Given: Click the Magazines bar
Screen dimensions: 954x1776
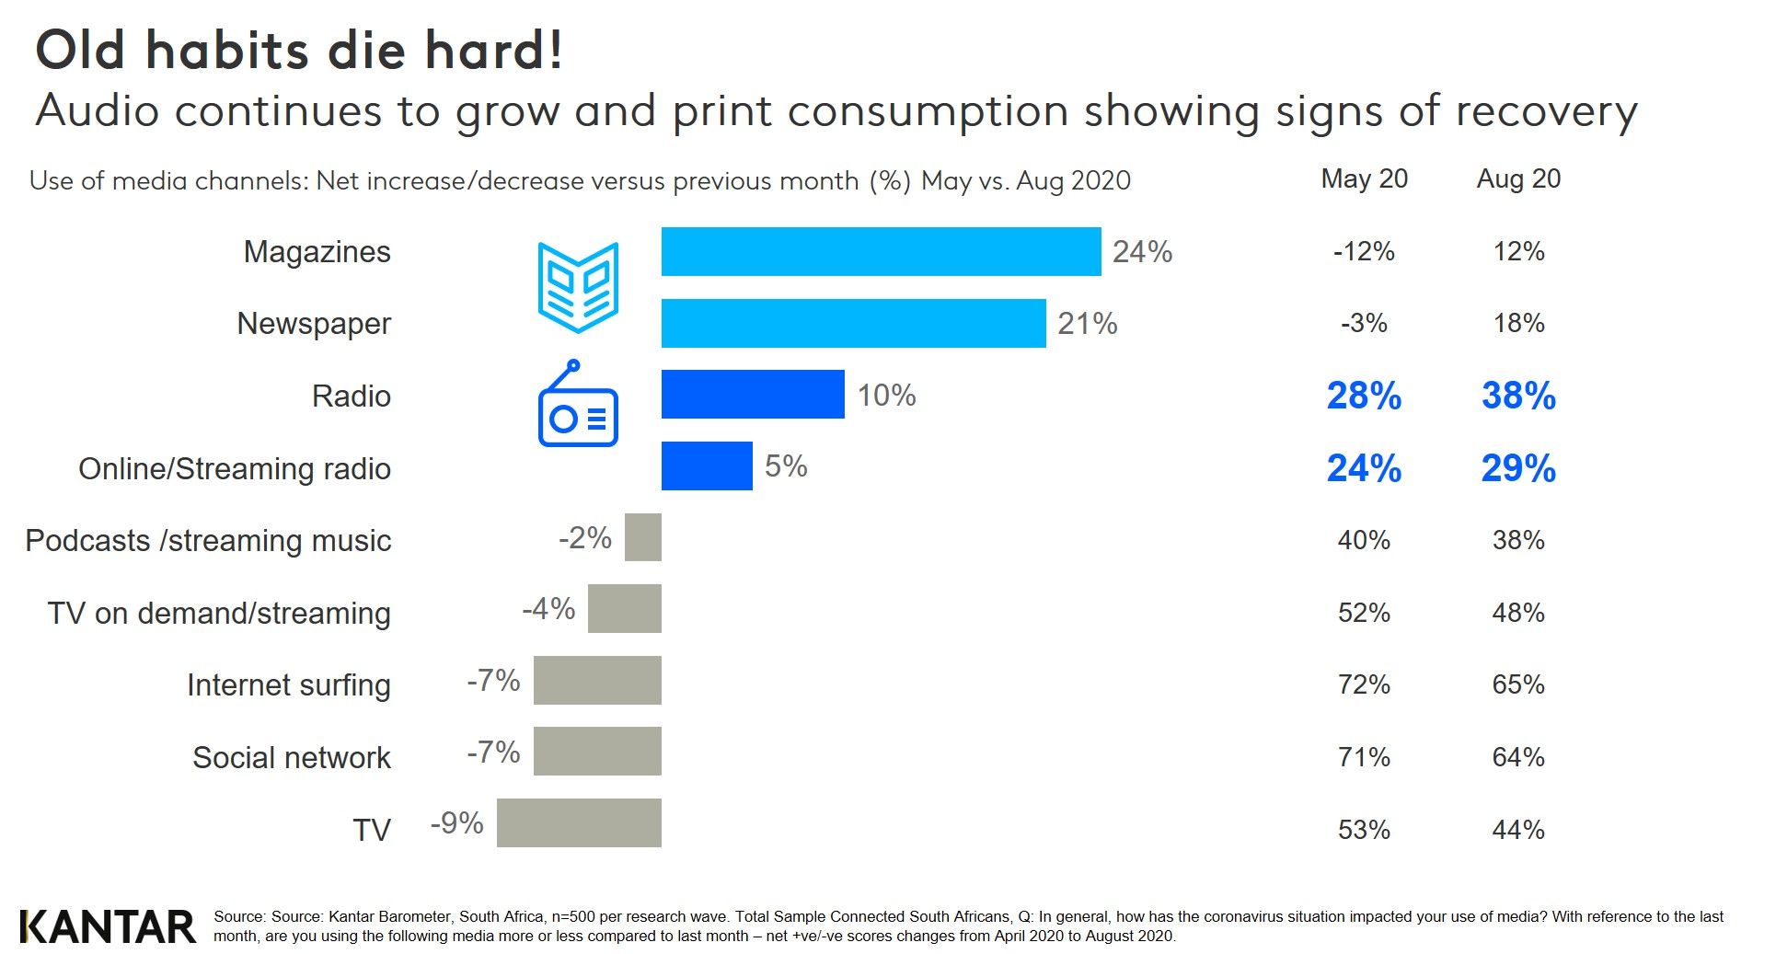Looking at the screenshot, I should coord(881,251).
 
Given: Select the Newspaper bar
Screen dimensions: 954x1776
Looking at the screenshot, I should coord(853,323).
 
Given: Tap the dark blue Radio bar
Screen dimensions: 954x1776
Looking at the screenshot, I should coord(753,395).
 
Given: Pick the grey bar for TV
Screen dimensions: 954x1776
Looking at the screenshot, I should coord(579,822).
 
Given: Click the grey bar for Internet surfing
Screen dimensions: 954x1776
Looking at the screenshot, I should coord(597,680).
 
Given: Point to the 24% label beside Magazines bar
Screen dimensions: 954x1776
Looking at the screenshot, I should coord(1142,251).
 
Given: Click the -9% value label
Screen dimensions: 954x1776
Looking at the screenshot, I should coord(456,822).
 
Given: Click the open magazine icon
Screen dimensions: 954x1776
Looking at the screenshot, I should coord(578,287).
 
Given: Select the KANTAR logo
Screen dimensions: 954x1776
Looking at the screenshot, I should coord(108,926).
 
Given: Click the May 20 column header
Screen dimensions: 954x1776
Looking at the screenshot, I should coord(1364,178).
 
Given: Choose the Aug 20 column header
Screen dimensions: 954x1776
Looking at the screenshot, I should coord(1518,178).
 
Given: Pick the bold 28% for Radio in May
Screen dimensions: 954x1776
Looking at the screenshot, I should coord(1364,396).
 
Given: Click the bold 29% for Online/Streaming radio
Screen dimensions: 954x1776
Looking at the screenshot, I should coord(1518,468).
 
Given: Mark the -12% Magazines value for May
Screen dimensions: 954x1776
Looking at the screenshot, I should coord(1364,251).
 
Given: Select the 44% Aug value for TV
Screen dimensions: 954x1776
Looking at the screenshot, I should coord(1518,830).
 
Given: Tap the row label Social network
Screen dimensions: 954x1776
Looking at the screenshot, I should coord(291,757).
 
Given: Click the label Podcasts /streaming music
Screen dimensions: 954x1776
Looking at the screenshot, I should coord(208,540).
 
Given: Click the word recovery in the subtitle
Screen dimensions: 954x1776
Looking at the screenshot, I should coord(1546,111).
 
